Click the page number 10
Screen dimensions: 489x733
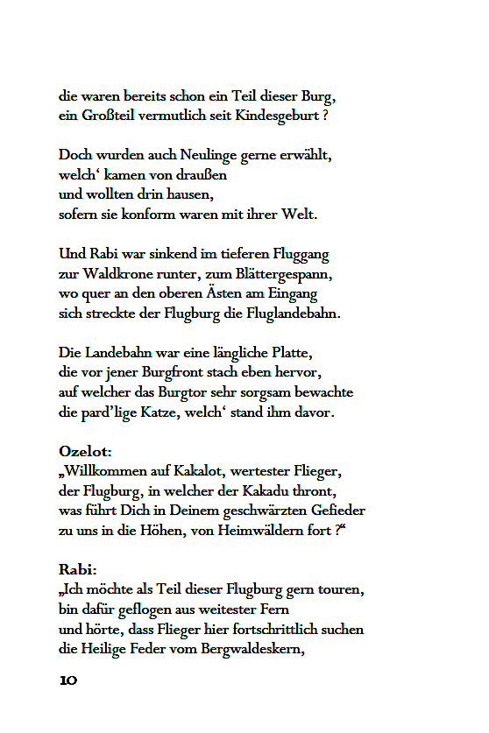(x=69, y=680)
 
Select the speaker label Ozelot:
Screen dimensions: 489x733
(x=85, y=452)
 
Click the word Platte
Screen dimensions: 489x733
(x=289, y=352)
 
